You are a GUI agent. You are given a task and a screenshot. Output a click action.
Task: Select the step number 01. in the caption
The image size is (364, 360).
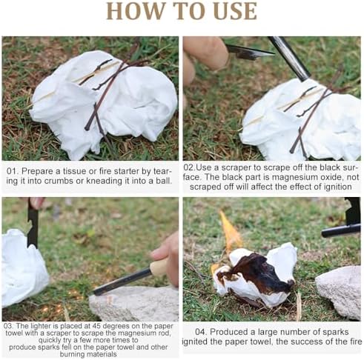click(13, 170)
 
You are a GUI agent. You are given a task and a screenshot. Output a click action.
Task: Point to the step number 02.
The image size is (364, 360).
click(192, 167)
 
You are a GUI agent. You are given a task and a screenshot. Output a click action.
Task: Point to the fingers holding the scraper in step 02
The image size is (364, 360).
click(206, 51)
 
